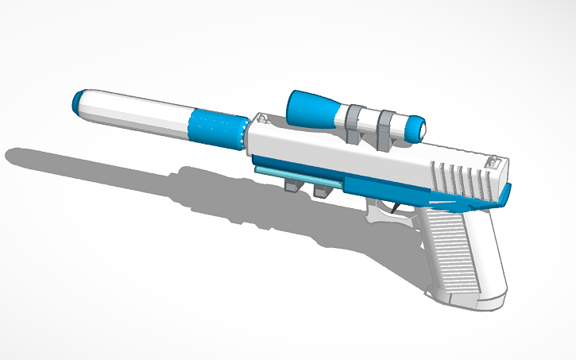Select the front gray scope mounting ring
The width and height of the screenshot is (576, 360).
coord(355,119)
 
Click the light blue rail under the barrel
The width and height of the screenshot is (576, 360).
coord(298,176)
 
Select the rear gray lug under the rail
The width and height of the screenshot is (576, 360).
coord(321,192)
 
